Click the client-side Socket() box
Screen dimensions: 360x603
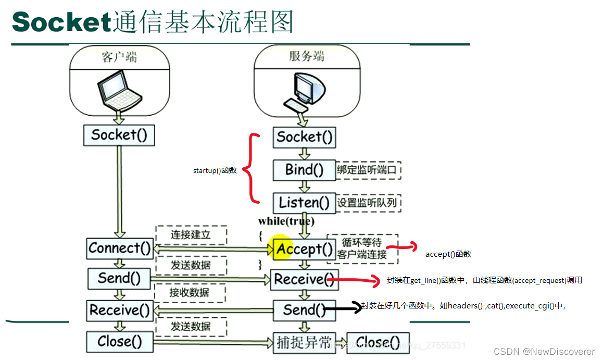click(119, 135)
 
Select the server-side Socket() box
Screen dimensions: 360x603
click(304, 137)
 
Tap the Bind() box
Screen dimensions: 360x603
click(304, 170)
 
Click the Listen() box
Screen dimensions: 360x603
click(304, 203)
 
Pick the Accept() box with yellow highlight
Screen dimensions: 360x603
click(304, 249)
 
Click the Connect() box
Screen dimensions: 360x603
click(119, 248)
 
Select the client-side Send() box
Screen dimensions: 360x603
click(119, 278)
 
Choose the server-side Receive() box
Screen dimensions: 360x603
click(304, 279)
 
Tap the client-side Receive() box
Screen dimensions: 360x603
click(119, 311)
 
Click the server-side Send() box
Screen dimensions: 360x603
click(304, 311)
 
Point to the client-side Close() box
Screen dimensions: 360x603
click(119, 342)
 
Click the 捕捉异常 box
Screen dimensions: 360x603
click(304, 342)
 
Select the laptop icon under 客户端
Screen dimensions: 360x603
click(120, 91)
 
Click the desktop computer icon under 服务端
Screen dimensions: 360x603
click(307, 92)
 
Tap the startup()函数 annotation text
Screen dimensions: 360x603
click(215, 170)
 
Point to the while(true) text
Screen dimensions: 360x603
click(286, 221)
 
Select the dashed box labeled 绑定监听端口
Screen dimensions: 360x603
click(368, 170)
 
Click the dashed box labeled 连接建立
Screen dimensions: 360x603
click(191, 234)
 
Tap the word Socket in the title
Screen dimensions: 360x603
click(61, 22)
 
